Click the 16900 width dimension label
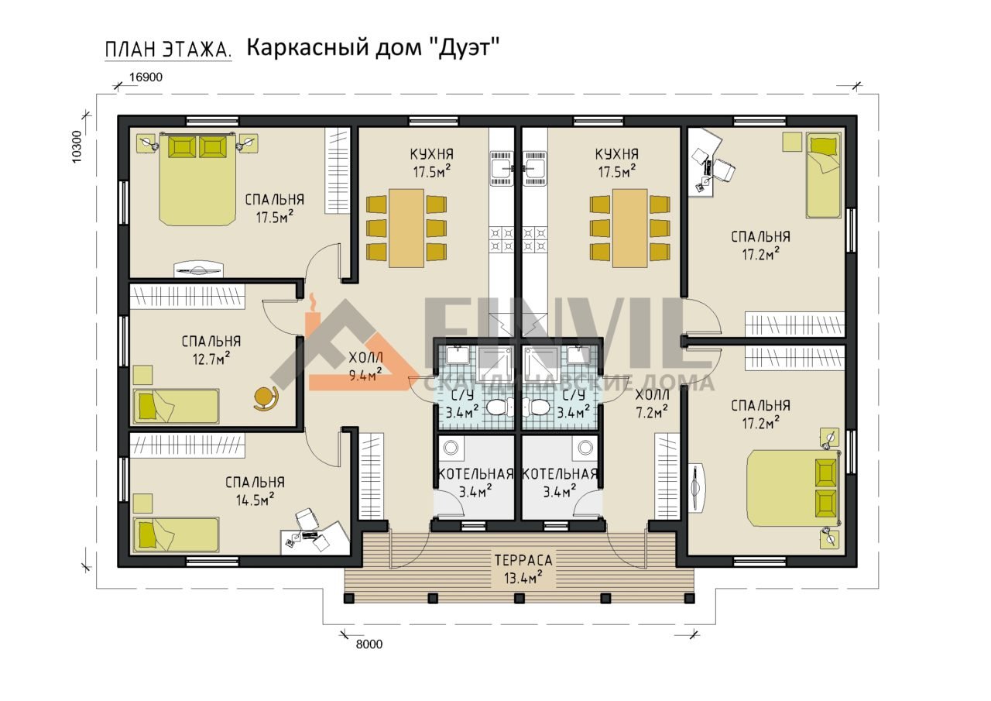coord(146,77)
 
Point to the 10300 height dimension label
coord(77,147)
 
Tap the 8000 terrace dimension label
coord(369,644)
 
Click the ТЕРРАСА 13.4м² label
coord(523,569)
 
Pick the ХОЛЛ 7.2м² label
coord(652,404)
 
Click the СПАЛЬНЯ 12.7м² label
coord(211,350)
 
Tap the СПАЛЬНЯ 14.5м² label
coord(255,491)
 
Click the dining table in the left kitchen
coord(406,229)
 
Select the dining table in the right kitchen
coord(630,229)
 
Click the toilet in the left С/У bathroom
coord(501,406)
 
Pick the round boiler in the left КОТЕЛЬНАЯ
coord(451,448)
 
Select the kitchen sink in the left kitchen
coord(502,168)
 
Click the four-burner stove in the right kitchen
coord(535,240)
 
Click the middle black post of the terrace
coord(520,599)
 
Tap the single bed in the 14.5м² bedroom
coord(177,534)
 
